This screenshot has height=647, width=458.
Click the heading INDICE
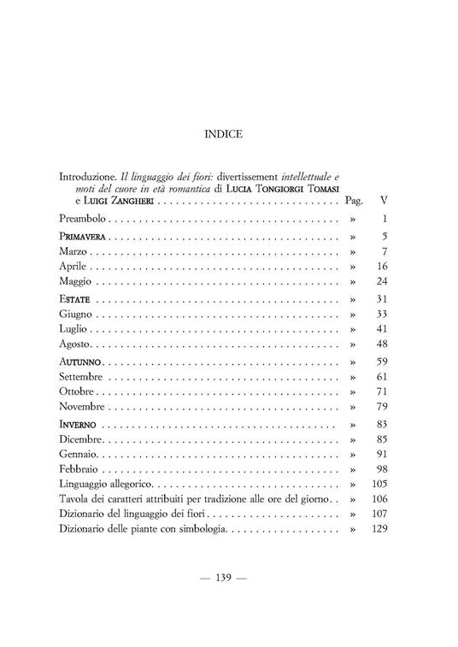(x=224, y=134)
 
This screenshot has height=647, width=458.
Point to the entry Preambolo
(x=87, y=220)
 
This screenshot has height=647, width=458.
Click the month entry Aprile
(x=75, y=268)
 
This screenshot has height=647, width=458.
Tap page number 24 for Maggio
(x=382, y=282)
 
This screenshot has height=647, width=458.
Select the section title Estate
(x=75, y=300)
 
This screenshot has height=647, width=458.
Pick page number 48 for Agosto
(x=382, y=344)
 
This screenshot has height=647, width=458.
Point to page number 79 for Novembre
(x=382, y=407)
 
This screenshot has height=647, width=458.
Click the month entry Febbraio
(x=79, y=470)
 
